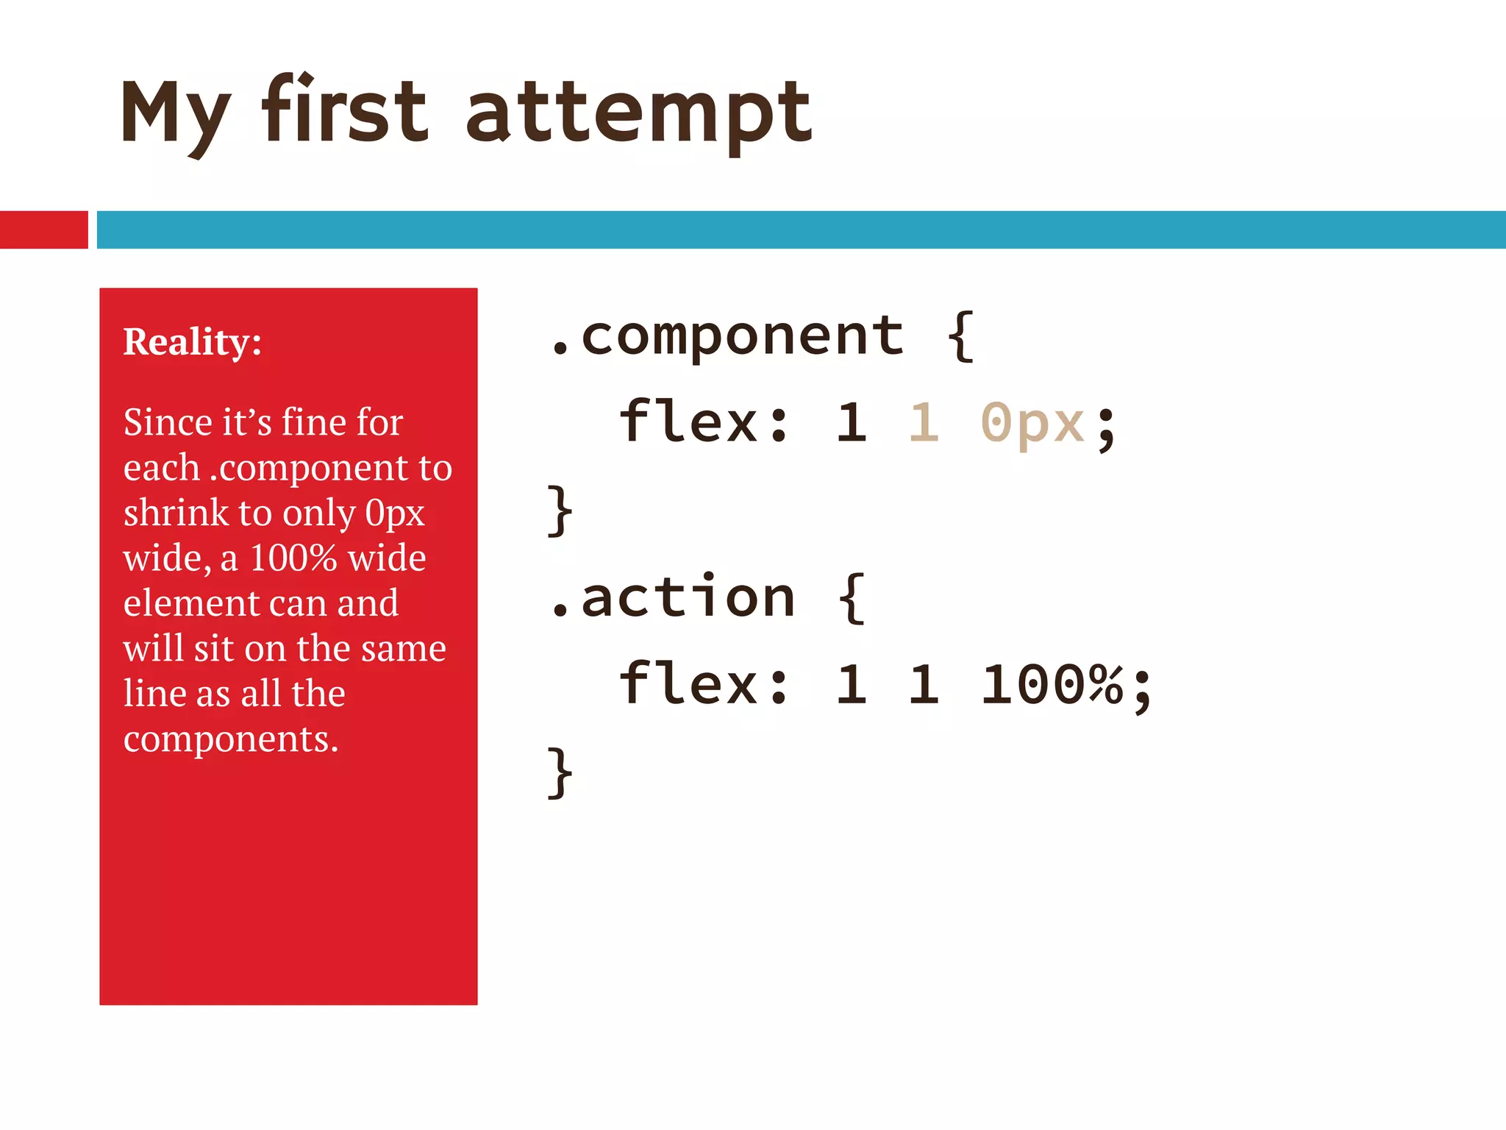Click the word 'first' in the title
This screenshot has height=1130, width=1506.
coord(344,110)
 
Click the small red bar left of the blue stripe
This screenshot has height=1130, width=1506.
coord(43,230)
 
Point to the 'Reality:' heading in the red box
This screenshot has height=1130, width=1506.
coord(193,341)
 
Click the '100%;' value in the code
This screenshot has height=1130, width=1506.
coord(1066,684)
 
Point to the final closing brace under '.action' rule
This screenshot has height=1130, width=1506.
coord(560,772)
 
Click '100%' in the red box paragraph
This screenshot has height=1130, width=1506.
coord(293,558)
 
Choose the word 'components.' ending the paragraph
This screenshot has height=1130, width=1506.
coord(231,739)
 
